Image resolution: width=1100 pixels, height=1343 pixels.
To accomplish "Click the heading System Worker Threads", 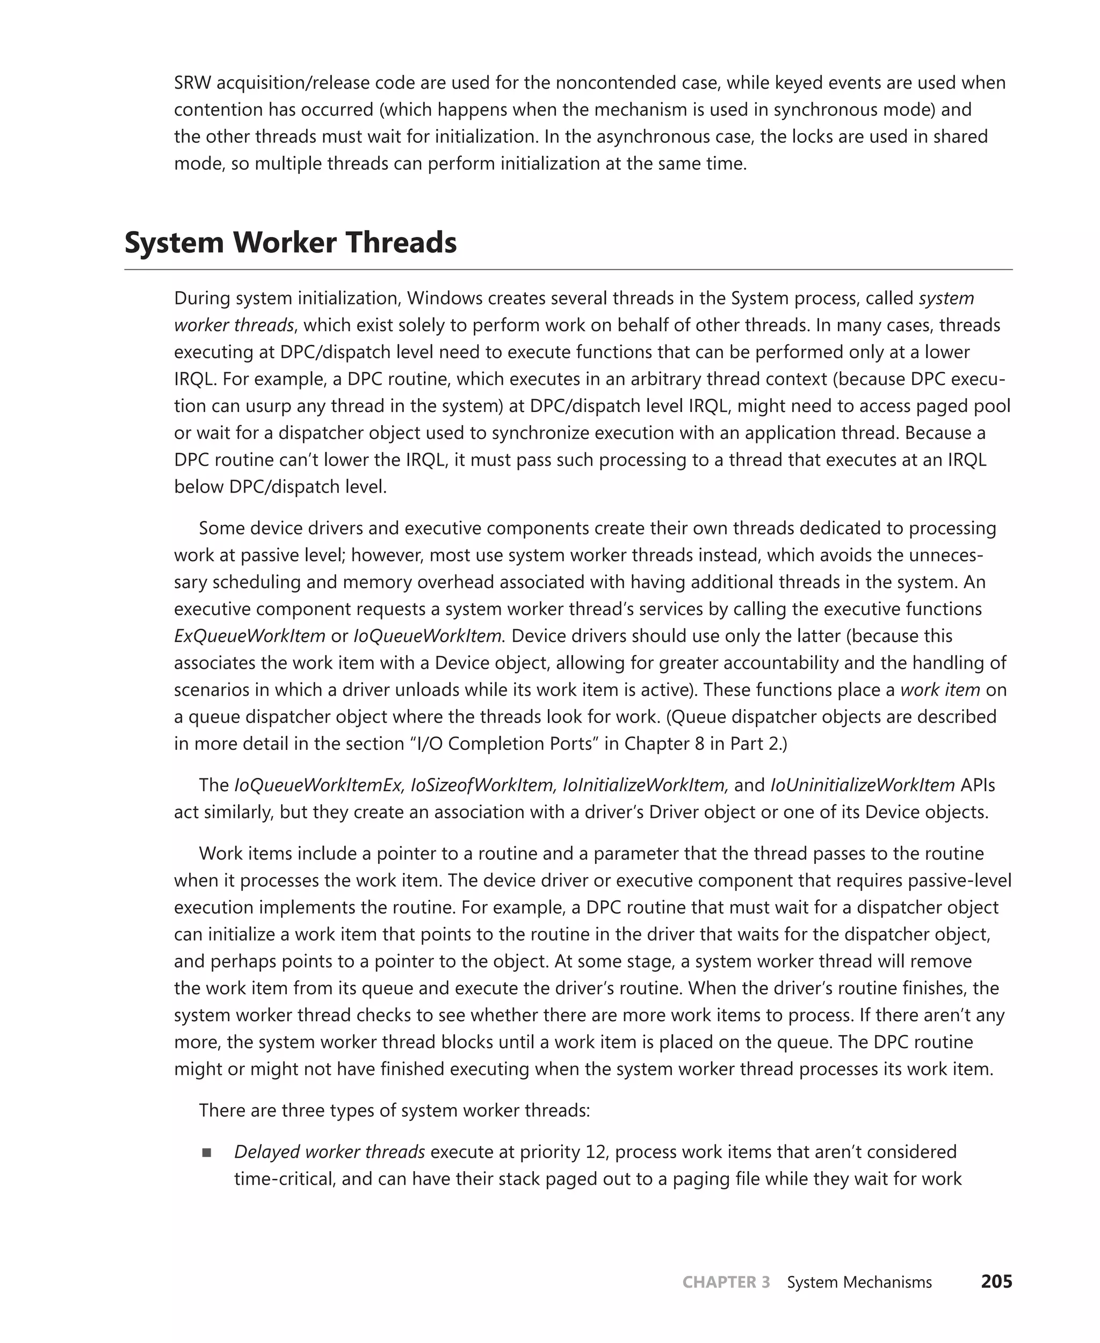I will pos(290,243).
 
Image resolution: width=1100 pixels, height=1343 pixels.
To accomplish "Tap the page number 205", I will pos(996,1282).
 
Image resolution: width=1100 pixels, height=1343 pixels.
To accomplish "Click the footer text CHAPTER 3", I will pos(726,1282).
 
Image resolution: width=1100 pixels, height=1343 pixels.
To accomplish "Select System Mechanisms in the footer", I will pos(859,1282).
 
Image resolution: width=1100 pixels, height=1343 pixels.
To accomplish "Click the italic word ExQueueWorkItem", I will pos(250,636).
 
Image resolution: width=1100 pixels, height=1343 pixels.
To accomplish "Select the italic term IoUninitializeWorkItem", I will pos(863,785).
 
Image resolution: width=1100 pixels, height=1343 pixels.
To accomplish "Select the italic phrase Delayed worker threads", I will pos(329,1152).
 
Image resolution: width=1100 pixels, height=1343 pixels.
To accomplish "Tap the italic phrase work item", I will pos(940,690).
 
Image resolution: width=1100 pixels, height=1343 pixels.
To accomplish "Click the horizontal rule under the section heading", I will pos(568,269).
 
